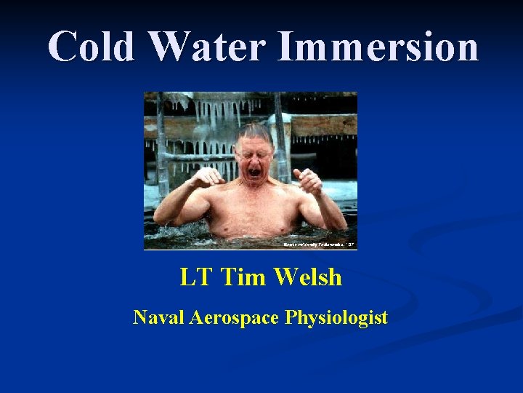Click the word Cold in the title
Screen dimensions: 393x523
92,47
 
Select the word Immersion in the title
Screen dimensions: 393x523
378,47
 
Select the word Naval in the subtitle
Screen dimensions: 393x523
158,317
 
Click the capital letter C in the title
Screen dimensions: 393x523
62,47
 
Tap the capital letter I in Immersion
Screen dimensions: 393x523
285,47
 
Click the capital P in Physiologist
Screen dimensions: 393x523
292,317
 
